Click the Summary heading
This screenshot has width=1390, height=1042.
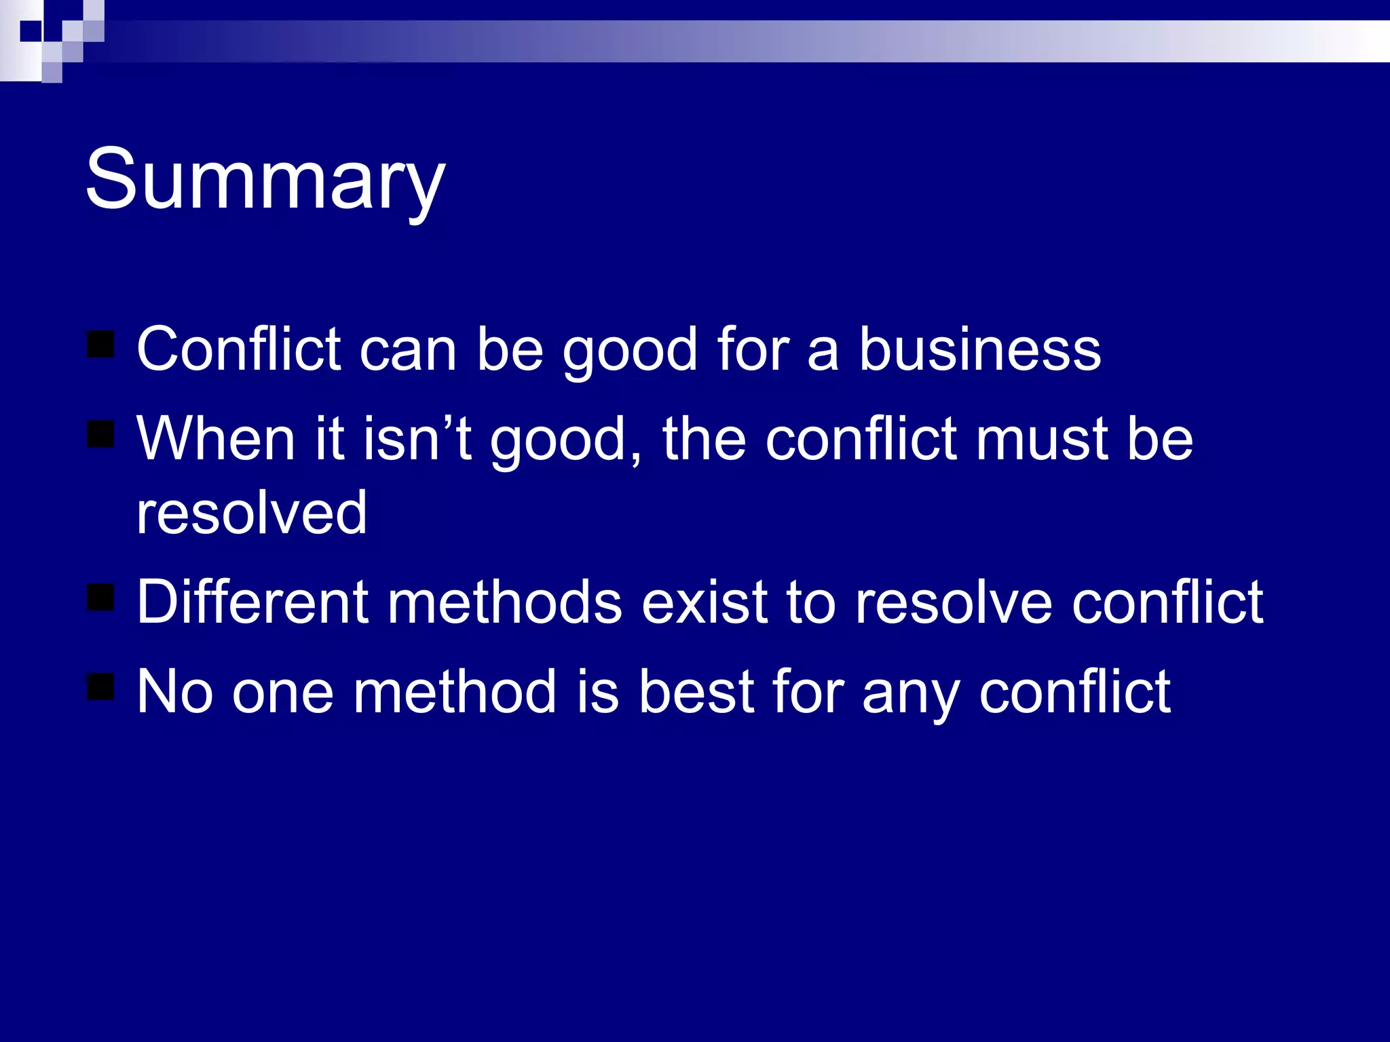click(265, 180)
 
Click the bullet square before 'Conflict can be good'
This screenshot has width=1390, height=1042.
click(100, 344)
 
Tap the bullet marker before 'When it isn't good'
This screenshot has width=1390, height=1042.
click(100, 434)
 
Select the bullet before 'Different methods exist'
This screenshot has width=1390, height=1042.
click(100, 597)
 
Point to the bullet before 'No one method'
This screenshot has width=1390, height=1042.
click(100, 687)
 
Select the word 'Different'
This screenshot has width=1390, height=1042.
click(251, 602)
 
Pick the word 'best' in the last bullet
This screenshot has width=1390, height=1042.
click(696, 692)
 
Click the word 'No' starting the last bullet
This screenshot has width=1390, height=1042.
click(174, 692)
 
